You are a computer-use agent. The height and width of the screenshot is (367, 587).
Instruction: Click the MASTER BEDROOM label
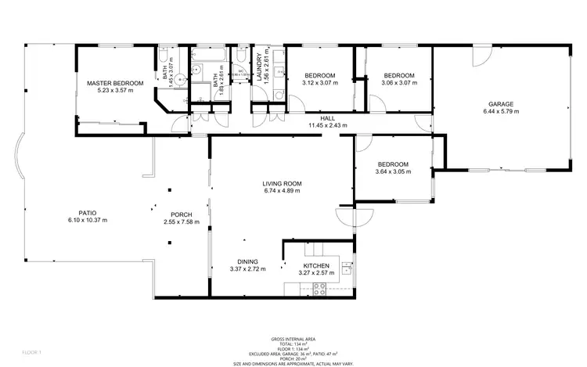click(115, 83)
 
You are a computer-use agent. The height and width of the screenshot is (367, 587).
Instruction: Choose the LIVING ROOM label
click(283, 183)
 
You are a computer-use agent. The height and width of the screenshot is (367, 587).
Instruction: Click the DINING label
click(247, 262)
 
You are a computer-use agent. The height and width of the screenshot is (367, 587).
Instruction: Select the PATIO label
click(87, 213)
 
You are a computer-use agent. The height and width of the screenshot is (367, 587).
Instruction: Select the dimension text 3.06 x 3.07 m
click(397, 83)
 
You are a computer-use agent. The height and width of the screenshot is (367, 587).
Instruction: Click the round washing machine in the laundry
click(278, 95)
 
